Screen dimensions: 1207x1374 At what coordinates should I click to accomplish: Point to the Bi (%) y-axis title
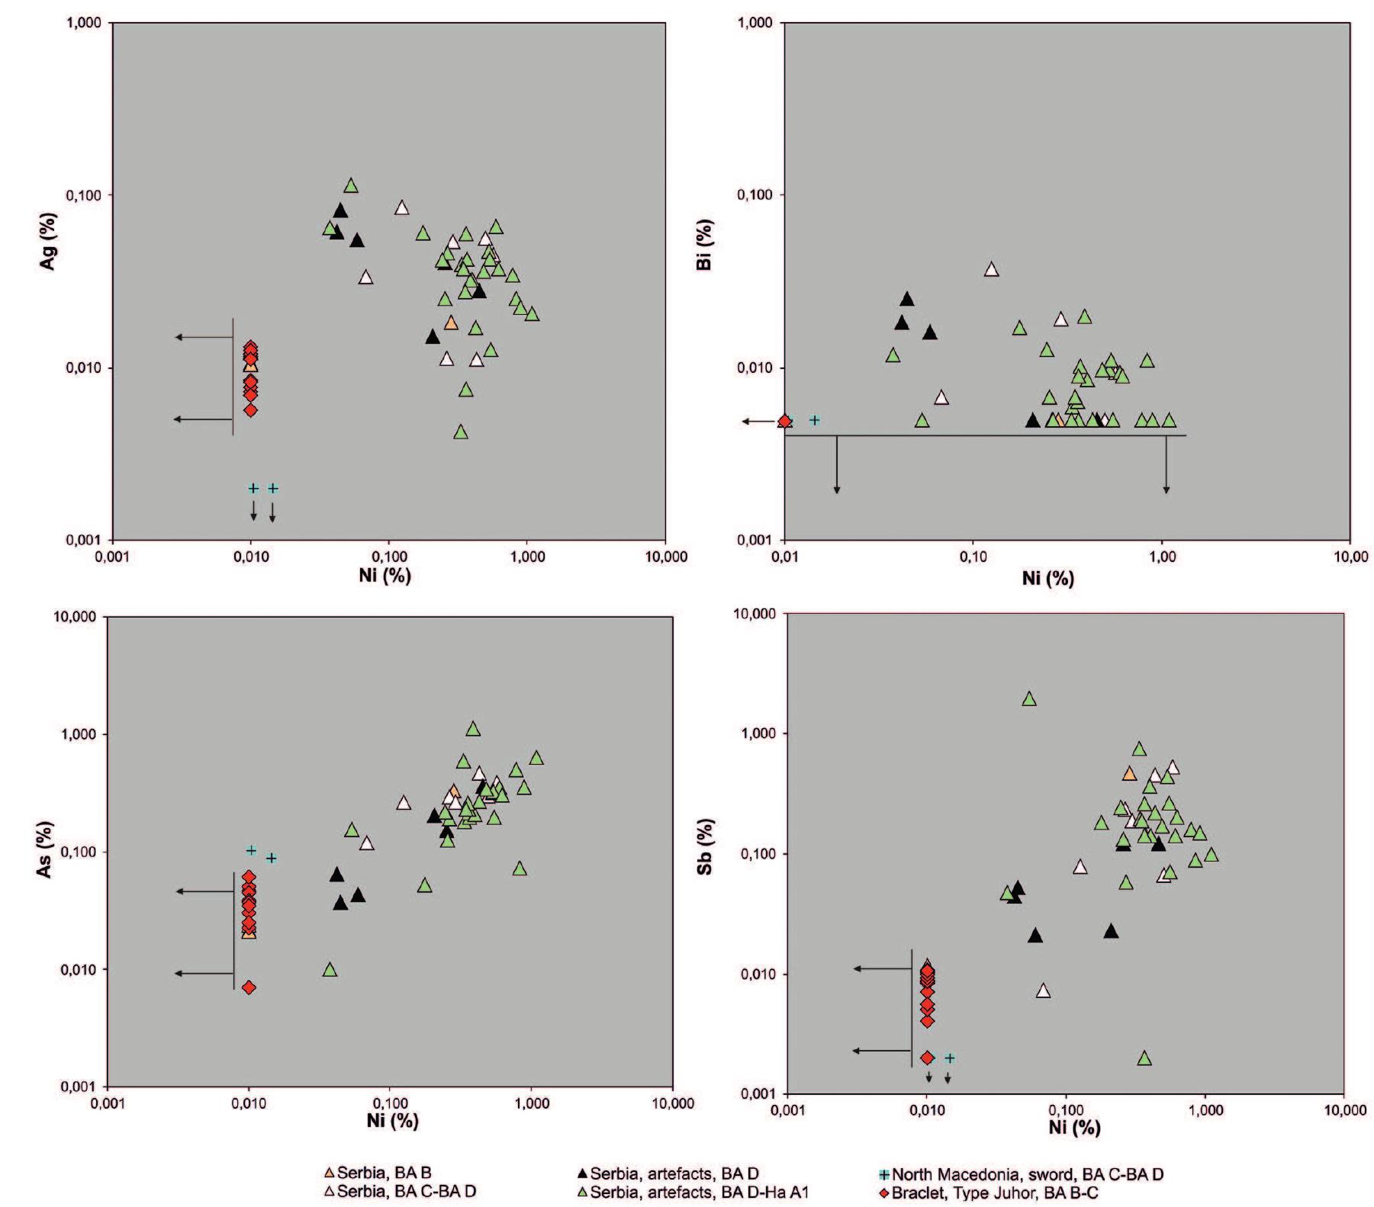point(704,245)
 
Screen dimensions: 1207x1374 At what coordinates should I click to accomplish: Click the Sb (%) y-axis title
point(706,846)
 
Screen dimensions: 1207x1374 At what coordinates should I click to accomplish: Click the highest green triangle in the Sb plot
point(1029,699)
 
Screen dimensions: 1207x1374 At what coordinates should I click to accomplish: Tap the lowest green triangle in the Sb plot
point(1144,1058)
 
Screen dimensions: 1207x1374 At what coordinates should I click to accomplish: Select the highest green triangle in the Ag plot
point(351,186)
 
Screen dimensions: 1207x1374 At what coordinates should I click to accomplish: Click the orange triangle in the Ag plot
point(451,323)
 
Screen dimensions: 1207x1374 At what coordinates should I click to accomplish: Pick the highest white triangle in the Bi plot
point(991,270)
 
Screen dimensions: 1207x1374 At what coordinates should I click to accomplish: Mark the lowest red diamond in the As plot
point(249,987)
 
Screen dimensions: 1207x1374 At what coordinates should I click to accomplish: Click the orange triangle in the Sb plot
point(1130,774)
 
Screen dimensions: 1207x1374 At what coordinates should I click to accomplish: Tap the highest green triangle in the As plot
point(473,730)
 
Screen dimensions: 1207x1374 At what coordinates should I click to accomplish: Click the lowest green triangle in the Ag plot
point(461,432)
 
